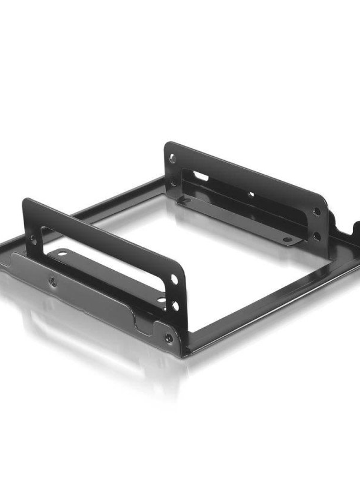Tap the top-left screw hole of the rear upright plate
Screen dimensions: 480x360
click(x=172, y=158)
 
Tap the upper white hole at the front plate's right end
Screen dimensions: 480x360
click(x=174, y=279)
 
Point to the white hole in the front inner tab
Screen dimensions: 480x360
click(x=63, y=253)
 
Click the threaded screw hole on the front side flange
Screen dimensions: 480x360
click(x=53, y=282)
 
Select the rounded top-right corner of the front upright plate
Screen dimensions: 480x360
click(x=182, y=269)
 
